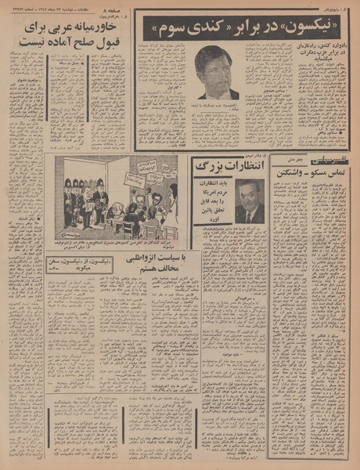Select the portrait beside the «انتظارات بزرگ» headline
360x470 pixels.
coord(250,202)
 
